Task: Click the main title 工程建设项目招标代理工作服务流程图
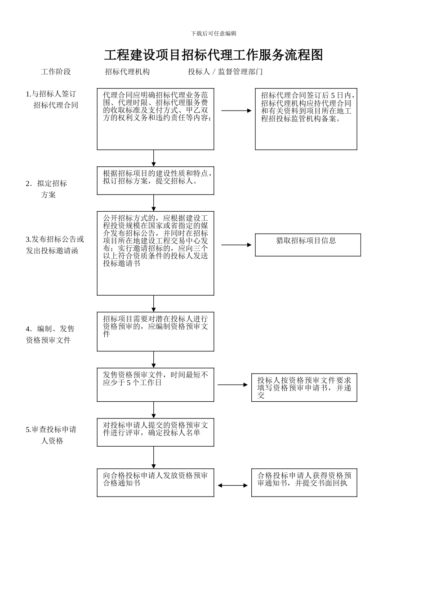click(213, 55)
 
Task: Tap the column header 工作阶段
click(56, 72)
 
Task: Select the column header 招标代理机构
click(127, 72)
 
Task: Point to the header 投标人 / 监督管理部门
click(225, 72)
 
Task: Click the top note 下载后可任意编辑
click(213, 34)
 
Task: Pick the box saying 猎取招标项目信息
click(307, 245)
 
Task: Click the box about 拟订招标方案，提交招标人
click(155, 181)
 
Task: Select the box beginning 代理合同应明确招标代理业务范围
click(155, 119)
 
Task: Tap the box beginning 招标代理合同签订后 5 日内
click(306, 119)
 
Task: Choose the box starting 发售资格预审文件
click(155, 385)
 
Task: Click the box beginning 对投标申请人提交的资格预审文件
click(155, 432)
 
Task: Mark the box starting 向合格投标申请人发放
click(155, 483)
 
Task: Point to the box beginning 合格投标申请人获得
click(304, 483)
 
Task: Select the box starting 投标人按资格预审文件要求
click(304, 387)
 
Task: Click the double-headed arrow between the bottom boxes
click(232, 485)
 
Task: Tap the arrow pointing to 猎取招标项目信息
click(236, 245)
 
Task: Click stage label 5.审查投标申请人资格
click(51, 435)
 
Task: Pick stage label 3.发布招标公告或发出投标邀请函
click(54, 245)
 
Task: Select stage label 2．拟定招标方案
click(46, 189)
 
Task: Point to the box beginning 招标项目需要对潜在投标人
click(155, 332)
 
